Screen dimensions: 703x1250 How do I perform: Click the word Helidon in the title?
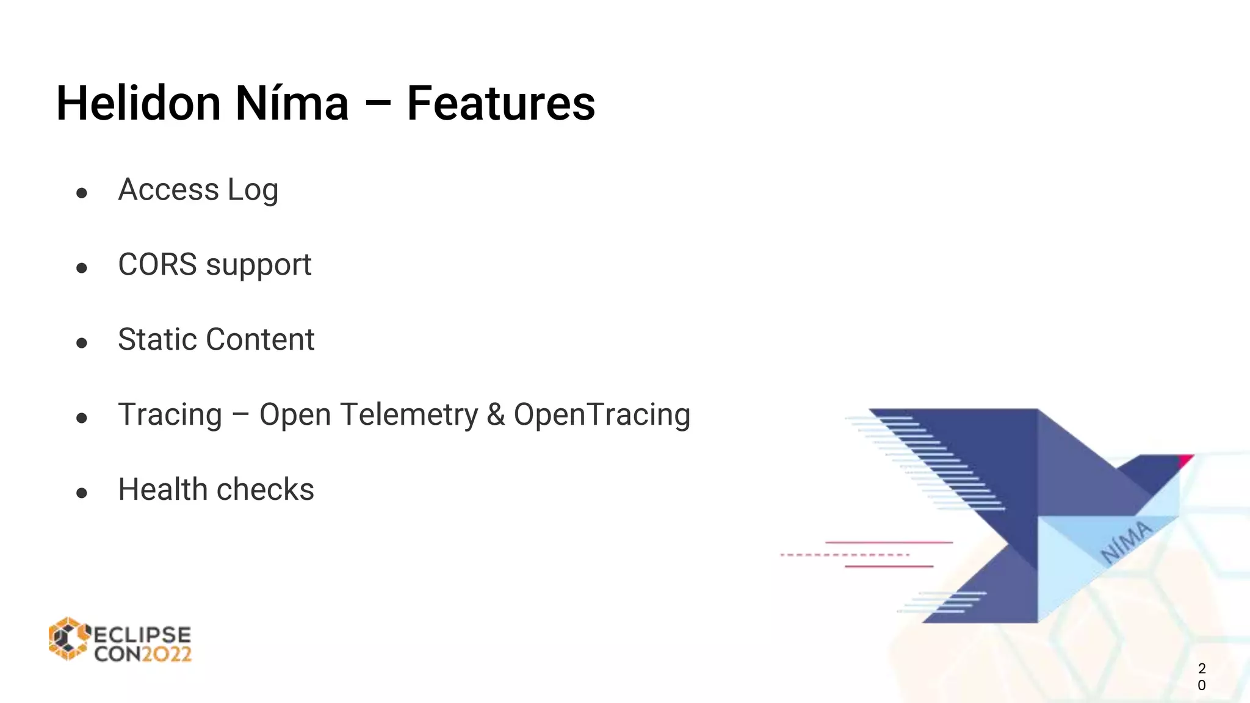tap(139, 104)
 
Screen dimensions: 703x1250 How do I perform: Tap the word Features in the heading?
tap(500, 104)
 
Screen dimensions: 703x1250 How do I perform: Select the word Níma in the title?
tap(292, 104)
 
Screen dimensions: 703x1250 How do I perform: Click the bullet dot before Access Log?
tap(82, 193)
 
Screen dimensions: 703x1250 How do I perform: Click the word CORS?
tap(157, 265)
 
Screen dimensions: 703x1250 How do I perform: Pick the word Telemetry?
tap(410, 416)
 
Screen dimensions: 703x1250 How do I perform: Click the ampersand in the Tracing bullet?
tap(496, 415)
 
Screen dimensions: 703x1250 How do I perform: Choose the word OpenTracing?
tap(602, 415)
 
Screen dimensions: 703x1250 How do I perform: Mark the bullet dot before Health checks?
tap(82, 493)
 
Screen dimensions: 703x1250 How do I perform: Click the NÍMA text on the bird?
tap(1126, 541)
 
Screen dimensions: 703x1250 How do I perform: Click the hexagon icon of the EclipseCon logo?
tap(69, 639)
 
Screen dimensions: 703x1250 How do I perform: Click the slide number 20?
tap(1201, 677)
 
